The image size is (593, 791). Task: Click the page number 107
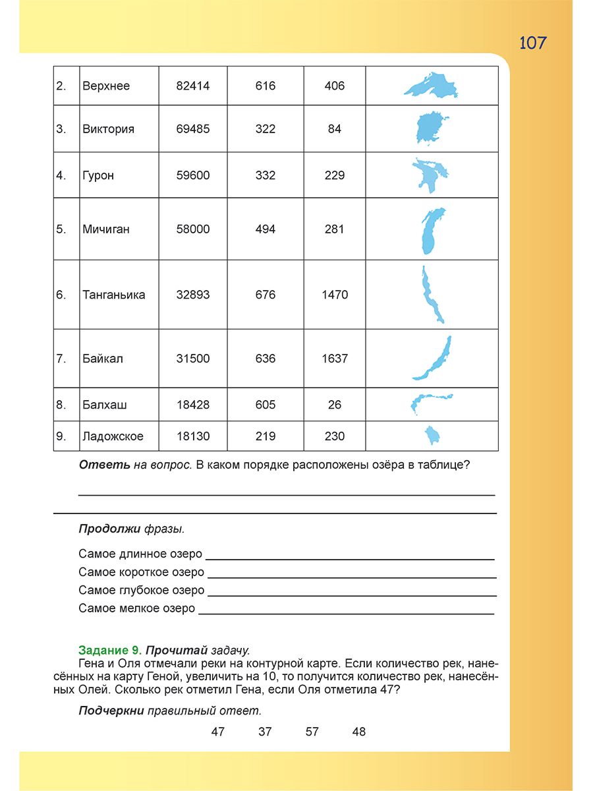[532, 43]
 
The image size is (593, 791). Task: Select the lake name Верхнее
[106, 86]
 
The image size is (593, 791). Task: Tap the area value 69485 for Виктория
[193, 129]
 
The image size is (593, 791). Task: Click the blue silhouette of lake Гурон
[430, 175]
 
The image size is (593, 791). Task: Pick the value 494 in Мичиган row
[266, 229]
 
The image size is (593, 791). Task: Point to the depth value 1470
[335, 295]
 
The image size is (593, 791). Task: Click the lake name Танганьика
[114, 295]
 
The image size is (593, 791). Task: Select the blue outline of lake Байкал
[432, 359]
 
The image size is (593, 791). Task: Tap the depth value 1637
[335, 359]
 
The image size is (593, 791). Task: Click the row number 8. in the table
[61, 405]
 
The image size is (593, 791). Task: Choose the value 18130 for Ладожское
[193, 436]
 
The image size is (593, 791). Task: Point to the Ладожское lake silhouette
[433, 436]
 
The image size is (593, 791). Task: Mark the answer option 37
[265, 732]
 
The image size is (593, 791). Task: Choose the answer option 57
[312, 732]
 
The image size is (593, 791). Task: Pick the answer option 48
[358, 732]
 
